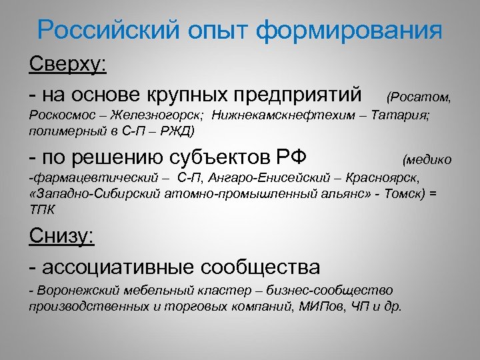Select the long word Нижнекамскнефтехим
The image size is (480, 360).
pos(277,115)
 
